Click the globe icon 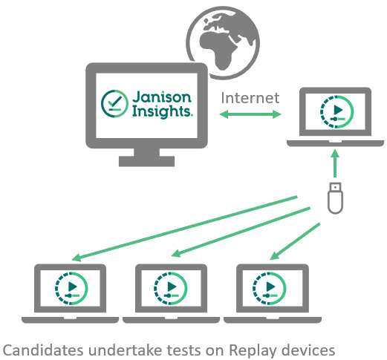coord(223,42)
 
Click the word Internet coord(250,98)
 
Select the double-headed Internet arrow coord(250,114)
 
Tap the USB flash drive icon coord(335,198)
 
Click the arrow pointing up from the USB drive coord(335,163)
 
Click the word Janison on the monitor coord(162,97)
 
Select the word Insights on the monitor coord(163,111)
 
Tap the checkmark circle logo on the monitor coord(114,103)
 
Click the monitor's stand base coord(146,161)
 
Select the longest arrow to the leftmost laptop coord(184,229)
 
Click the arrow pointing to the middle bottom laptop coord(241,232)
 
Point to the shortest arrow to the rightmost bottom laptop coord(295,241)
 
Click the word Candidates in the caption coord(43,350)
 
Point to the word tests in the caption coord(182,350)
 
